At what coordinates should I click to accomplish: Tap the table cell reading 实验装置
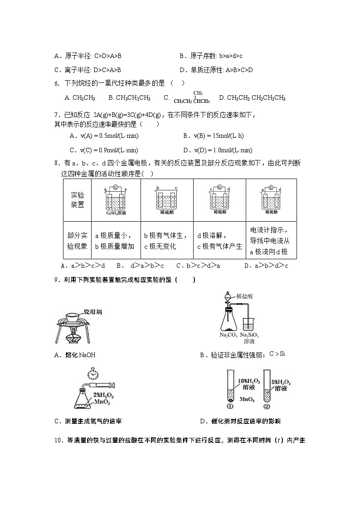pos(78,199)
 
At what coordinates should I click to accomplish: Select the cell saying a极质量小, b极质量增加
pos(115,241)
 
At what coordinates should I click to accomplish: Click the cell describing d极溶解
pos(219,241)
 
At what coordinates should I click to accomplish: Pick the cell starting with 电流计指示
pos(270,241)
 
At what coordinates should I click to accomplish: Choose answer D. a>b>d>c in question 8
pos(266,266)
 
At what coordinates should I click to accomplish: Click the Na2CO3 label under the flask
pos(228,335)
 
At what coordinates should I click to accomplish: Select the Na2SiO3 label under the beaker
pos(249,335)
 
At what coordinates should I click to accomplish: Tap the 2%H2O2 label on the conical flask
pos(104,395)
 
